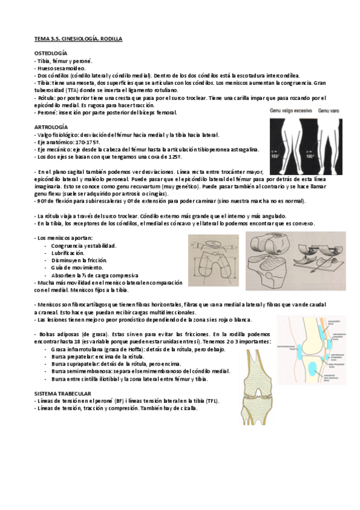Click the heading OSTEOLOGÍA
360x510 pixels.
[x=50, y=53]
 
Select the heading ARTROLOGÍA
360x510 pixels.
[x=50, y=127]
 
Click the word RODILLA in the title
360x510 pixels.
[x=109, y=38]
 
